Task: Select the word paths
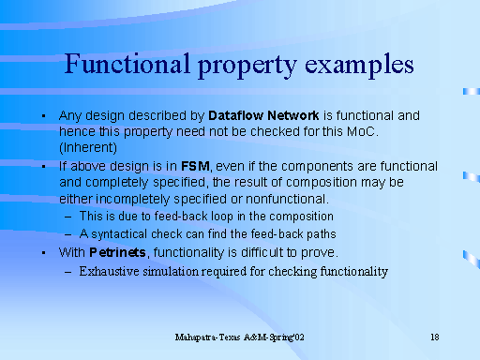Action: coord(319,233)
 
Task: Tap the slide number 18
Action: coord(435,336)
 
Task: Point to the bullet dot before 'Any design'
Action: coord(44,114)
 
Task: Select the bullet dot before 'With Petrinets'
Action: coord(44,252)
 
